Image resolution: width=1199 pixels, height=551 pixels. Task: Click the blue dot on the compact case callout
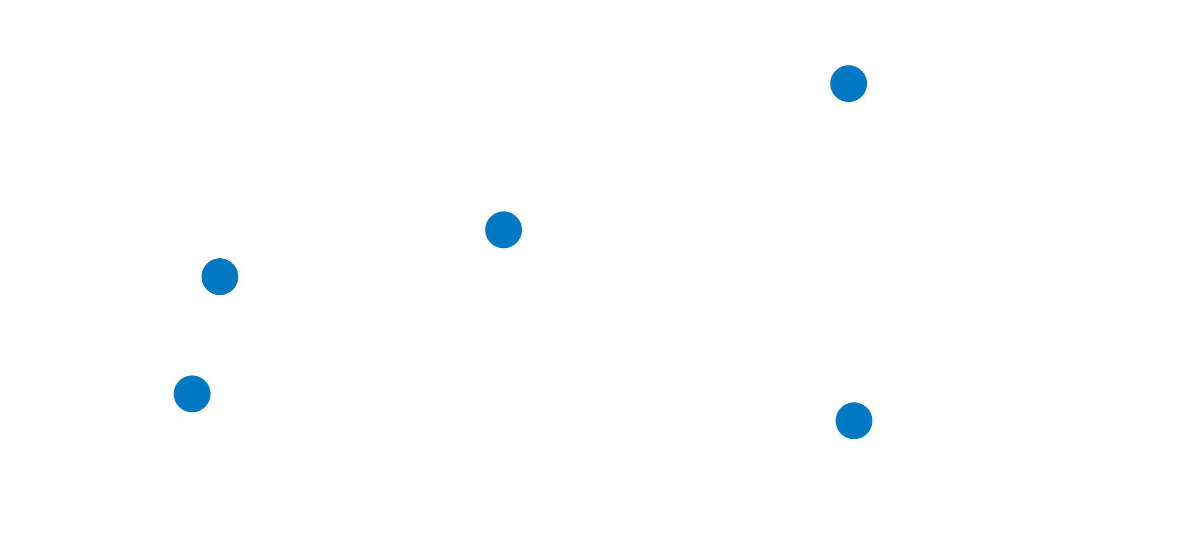[x=848, y=84]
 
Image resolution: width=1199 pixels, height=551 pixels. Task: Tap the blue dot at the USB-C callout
[x=503, y=230]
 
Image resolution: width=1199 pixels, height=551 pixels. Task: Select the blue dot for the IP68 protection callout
[x=854, y=421]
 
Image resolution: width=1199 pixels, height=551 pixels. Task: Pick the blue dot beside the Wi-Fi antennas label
[x=192, y=394]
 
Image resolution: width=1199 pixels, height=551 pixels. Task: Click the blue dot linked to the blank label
[x=219, y=276]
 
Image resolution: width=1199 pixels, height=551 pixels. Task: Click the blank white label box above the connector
[x=101, y=206]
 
